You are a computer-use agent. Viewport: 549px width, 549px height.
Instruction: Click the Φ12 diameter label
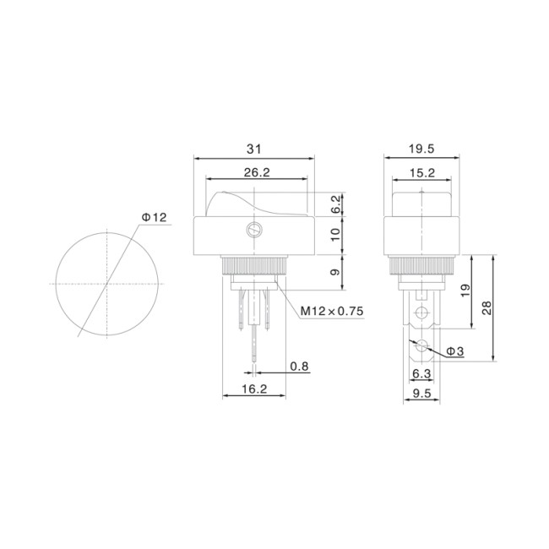click(x=154, y=217)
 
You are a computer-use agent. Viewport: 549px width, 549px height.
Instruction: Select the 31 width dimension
click(x=254, y=149)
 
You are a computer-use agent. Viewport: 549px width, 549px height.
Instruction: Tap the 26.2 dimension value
click(x=257, y=172)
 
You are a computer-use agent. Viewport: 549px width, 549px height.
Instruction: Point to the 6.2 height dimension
click(x=335, y=204)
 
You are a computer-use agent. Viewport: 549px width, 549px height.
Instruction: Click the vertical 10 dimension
click(x=335, y=235)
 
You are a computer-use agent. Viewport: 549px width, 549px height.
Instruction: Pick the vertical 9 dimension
click(x=335, y=272)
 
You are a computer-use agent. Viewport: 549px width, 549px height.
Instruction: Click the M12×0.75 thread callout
click(x=332, y=311)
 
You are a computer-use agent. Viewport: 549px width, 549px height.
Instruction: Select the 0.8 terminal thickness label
click(x=299, y=367)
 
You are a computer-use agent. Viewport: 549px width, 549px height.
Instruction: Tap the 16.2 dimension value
click(x=254, y=389)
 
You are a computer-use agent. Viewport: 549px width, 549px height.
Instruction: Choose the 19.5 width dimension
click(x=421, y=149)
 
